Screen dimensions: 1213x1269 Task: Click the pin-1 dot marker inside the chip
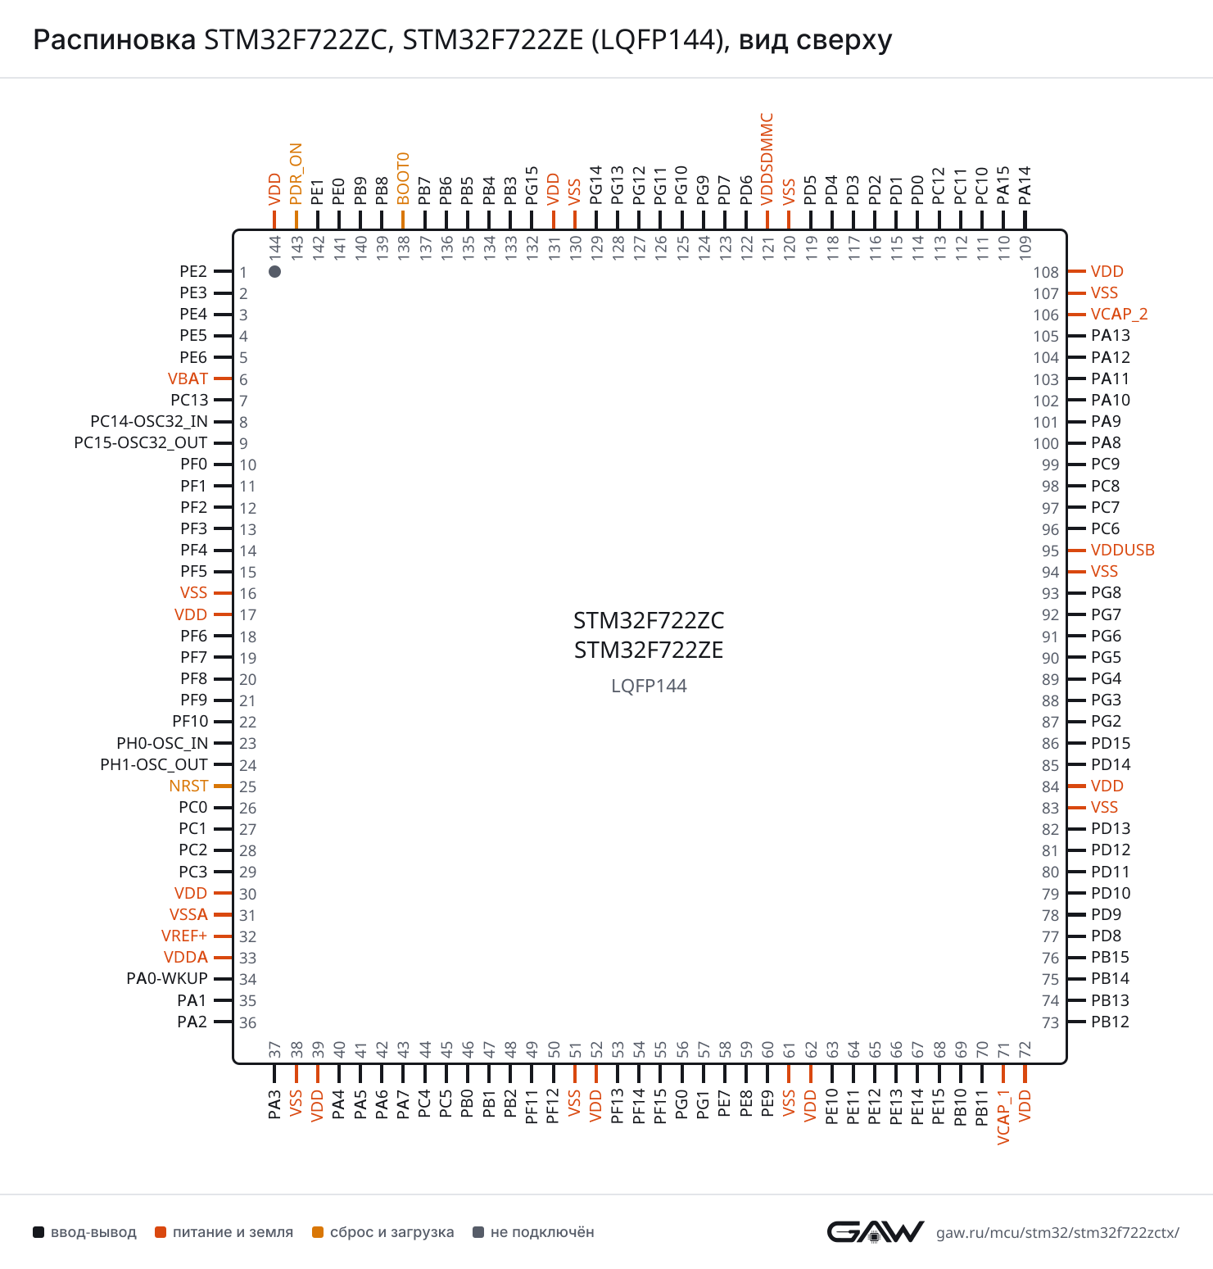(x=275, y=271)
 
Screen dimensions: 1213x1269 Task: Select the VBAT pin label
(x=188, y=378)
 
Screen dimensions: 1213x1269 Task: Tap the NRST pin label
(x=188, y=786)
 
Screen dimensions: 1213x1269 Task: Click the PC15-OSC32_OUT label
(x=141, y=442)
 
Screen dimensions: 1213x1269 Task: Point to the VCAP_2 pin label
(x=1119, y=315)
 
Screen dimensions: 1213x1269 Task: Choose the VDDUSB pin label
(x=1122, y=550)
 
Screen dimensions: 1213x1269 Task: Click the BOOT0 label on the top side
(x=403, y=178)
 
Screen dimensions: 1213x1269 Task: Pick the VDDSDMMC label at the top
(x=767, y=159)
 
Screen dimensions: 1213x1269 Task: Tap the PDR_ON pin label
(x=296, y=174)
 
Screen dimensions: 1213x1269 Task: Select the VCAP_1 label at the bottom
(x=1003, y=1117)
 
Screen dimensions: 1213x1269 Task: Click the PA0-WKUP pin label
(x=167, y=978)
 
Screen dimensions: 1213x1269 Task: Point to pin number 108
(x=1046, y=272)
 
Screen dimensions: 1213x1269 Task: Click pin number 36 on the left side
(x=248, y=1022)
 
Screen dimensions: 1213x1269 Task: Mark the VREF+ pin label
(x=184, y=936)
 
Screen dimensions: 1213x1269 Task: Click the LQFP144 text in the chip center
(x=649, y=686)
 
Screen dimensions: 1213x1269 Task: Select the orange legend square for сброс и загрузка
(x=318, y=1232)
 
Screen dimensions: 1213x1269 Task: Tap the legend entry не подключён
(x=534, y=1232)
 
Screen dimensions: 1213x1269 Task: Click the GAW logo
(x=875, y=1231)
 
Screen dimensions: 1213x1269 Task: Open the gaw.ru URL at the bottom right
(x=1057, y=1232)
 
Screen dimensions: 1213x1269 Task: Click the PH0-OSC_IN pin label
(x=162, y=743)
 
